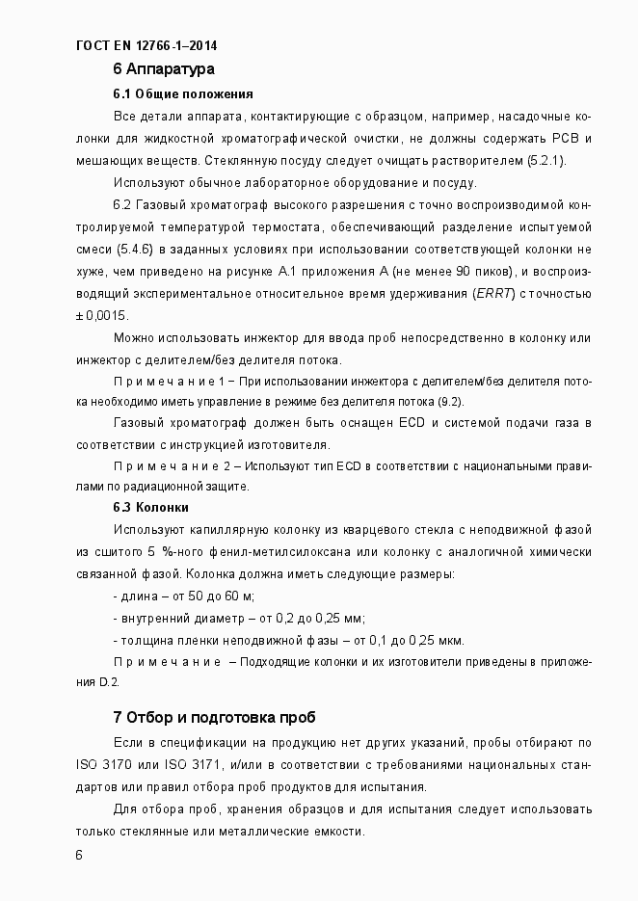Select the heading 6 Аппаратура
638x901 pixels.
pos(163,69)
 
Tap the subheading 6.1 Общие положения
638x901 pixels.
pos(183,94)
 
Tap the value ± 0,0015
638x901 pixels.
pos(101,316)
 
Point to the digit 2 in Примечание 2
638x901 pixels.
pos(227,466)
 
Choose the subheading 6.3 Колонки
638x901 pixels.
pos(150,508)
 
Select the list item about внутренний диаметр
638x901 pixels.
pos(239,619)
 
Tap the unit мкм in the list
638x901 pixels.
pos(449,641)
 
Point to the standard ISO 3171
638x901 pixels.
pos(185,765)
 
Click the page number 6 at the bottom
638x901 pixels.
pos(79,855)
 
